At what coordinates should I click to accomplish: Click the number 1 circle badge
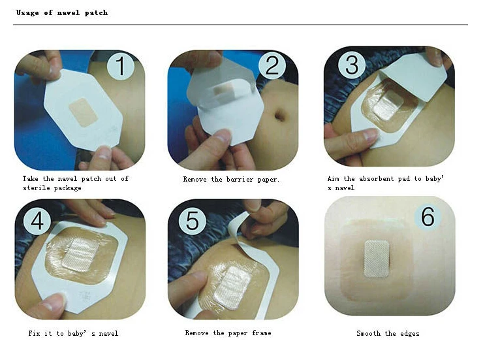tap(120, 67)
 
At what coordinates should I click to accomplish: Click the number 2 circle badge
tap(272, 67)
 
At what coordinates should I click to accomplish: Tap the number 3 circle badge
tap(352, 65)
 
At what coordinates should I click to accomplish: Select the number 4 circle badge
tap(37, 220)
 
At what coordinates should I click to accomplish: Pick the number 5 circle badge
tap(192, 220)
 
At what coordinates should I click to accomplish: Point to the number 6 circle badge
tap(428, 216)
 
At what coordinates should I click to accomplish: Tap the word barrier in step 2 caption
tap(237, 179)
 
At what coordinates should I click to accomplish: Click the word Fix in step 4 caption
tap(35, 334)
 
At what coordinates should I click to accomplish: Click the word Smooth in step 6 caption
tap(368, 334)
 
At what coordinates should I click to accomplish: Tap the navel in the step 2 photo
tap(280, 116)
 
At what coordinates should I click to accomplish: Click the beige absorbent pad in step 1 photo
tap(83, 111)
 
